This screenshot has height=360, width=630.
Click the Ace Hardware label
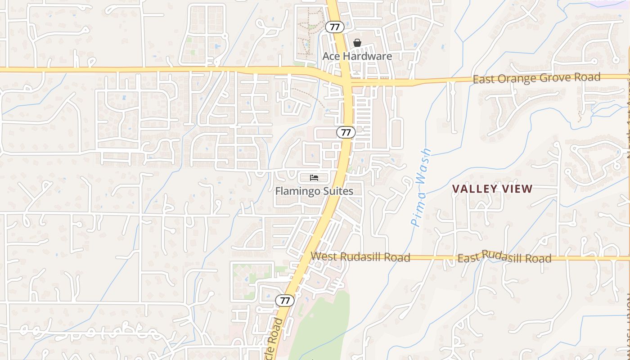coord(357,56)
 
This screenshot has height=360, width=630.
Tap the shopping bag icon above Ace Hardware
coord(357,43)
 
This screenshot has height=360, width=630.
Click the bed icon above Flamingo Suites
coord(314,178)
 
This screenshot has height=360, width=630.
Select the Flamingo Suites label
coord(314,191)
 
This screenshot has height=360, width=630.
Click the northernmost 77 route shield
coord(335,27)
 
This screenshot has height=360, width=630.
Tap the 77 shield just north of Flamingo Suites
coord(346,132)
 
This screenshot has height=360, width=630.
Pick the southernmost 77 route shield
coord(284,300)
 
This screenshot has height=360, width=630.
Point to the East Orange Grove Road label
coord(536,78)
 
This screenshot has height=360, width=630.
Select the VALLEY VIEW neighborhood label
coord(492,189)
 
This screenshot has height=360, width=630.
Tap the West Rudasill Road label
coord(360,256)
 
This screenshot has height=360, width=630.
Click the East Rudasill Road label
coord(504,257)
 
